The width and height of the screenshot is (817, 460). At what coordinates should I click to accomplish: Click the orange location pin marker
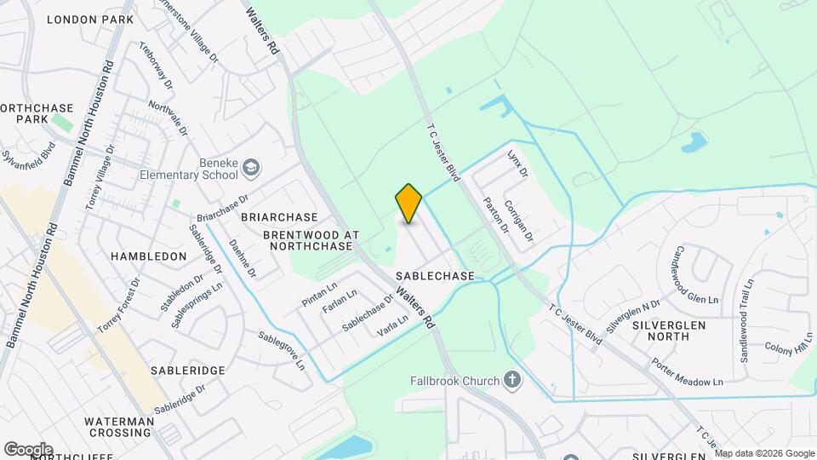408,204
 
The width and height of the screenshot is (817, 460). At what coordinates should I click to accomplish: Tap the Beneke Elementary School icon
250,166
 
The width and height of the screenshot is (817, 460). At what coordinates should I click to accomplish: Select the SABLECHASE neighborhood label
435,276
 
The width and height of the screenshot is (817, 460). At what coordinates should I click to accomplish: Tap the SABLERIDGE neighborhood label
187,371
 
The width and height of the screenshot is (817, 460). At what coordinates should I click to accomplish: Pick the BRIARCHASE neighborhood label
279,217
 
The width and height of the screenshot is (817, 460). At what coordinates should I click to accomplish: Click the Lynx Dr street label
517,164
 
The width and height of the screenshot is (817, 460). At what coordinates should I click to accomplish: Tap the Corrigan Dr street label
518,219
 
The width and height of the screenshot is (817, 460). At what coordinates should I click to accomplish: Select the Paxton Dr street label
495,215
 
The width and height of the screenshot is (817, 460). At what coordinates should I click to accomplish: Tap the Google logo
28,449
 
